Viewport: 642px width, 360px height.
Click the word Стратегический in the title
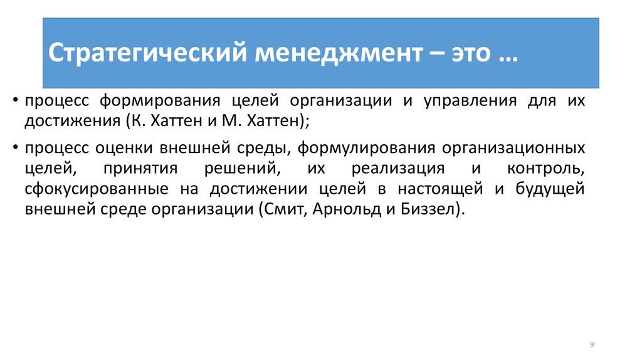148,53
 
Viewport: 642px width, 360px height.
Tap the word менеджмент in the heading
339,53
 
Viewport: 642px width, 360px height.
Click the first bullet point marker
16,100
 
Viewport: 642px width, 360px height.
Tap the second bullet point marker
16,147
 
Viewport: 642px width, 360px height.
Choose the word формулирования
366,148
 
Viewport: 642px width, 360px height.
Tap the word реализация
398,169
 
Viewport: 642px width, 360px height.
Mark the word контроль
546,169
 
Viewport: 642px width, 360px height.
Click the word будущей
550,188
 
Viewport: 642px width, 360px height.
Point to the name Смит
285,209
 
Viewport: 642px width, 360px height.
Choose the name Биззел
428,209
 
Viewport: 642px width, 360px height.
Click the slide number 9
592,345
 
